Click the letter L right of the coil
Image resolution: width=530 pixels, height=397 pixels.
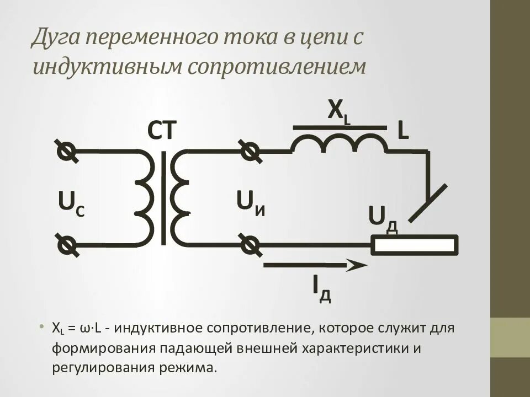pos(403,131)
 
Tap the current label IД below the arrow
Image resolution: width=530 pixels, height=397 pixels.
pos(321,288)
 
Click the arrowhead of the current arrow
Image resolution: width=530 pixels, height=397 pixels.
pos(356,265)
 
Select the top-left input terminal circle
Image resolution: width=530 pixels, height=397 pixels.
pos(67,151)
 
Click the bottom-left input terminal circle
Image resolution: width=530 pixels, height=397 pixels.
pos(67,244)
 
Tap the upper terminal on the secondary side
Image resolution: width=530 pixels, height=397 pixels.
pos(250,150)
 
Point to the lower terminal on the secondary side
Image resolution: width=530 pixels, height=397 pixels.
pos(250,244)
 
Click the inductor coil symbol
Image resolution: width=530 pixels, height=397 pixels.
pos(340,144)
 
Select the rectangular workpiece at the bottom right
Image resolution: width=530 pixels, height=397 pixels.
pos(414,245)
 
